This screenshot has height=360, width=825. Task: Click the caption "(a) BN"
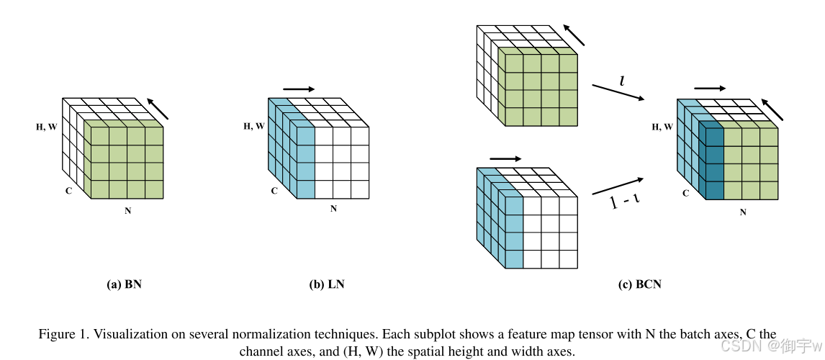click(x=124, y=284)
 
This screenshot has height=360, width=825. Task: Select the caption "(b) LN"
click(x=327, y=284)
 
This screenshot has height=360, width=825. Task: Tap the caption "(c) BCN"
click(x=639, y=284)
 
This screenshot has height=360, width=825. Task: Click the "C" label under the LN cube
click(x=274, y=191)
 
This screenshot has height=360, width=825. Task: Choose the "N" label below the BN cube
click(x=127, y=211)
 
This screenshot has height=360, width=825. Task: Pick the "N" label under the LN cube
click(x=333, y=209)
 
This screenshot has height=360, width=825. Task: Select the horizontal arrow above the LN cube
click(x=299, y=89)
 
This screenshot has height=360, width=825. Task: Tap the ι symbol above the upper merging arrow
click(x=622, y=81)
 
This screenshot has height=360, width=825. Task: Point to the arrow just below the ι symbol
click(x=618, y=94)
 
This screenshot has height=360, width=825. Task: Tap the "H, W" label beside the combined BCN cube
click(x=662, y=127)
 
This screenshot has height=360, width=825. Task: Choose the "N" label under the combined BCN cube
click(x=743, y=212)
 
